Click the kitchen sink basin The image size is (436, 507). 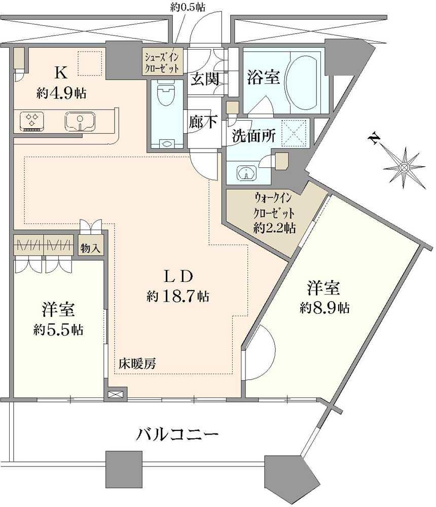click(x=78, y=122)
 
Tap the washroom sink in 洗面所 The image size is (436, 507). click(x=246, y=174)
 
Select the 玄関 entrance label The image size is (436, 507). click(x=204, y=79)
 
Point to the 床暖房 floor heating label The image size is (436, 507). click(x=137, y=363)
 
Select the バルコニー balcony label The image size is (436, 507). click(x=177, y=434)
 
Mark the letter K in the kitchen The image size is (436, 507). click(x=61, y=73)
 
